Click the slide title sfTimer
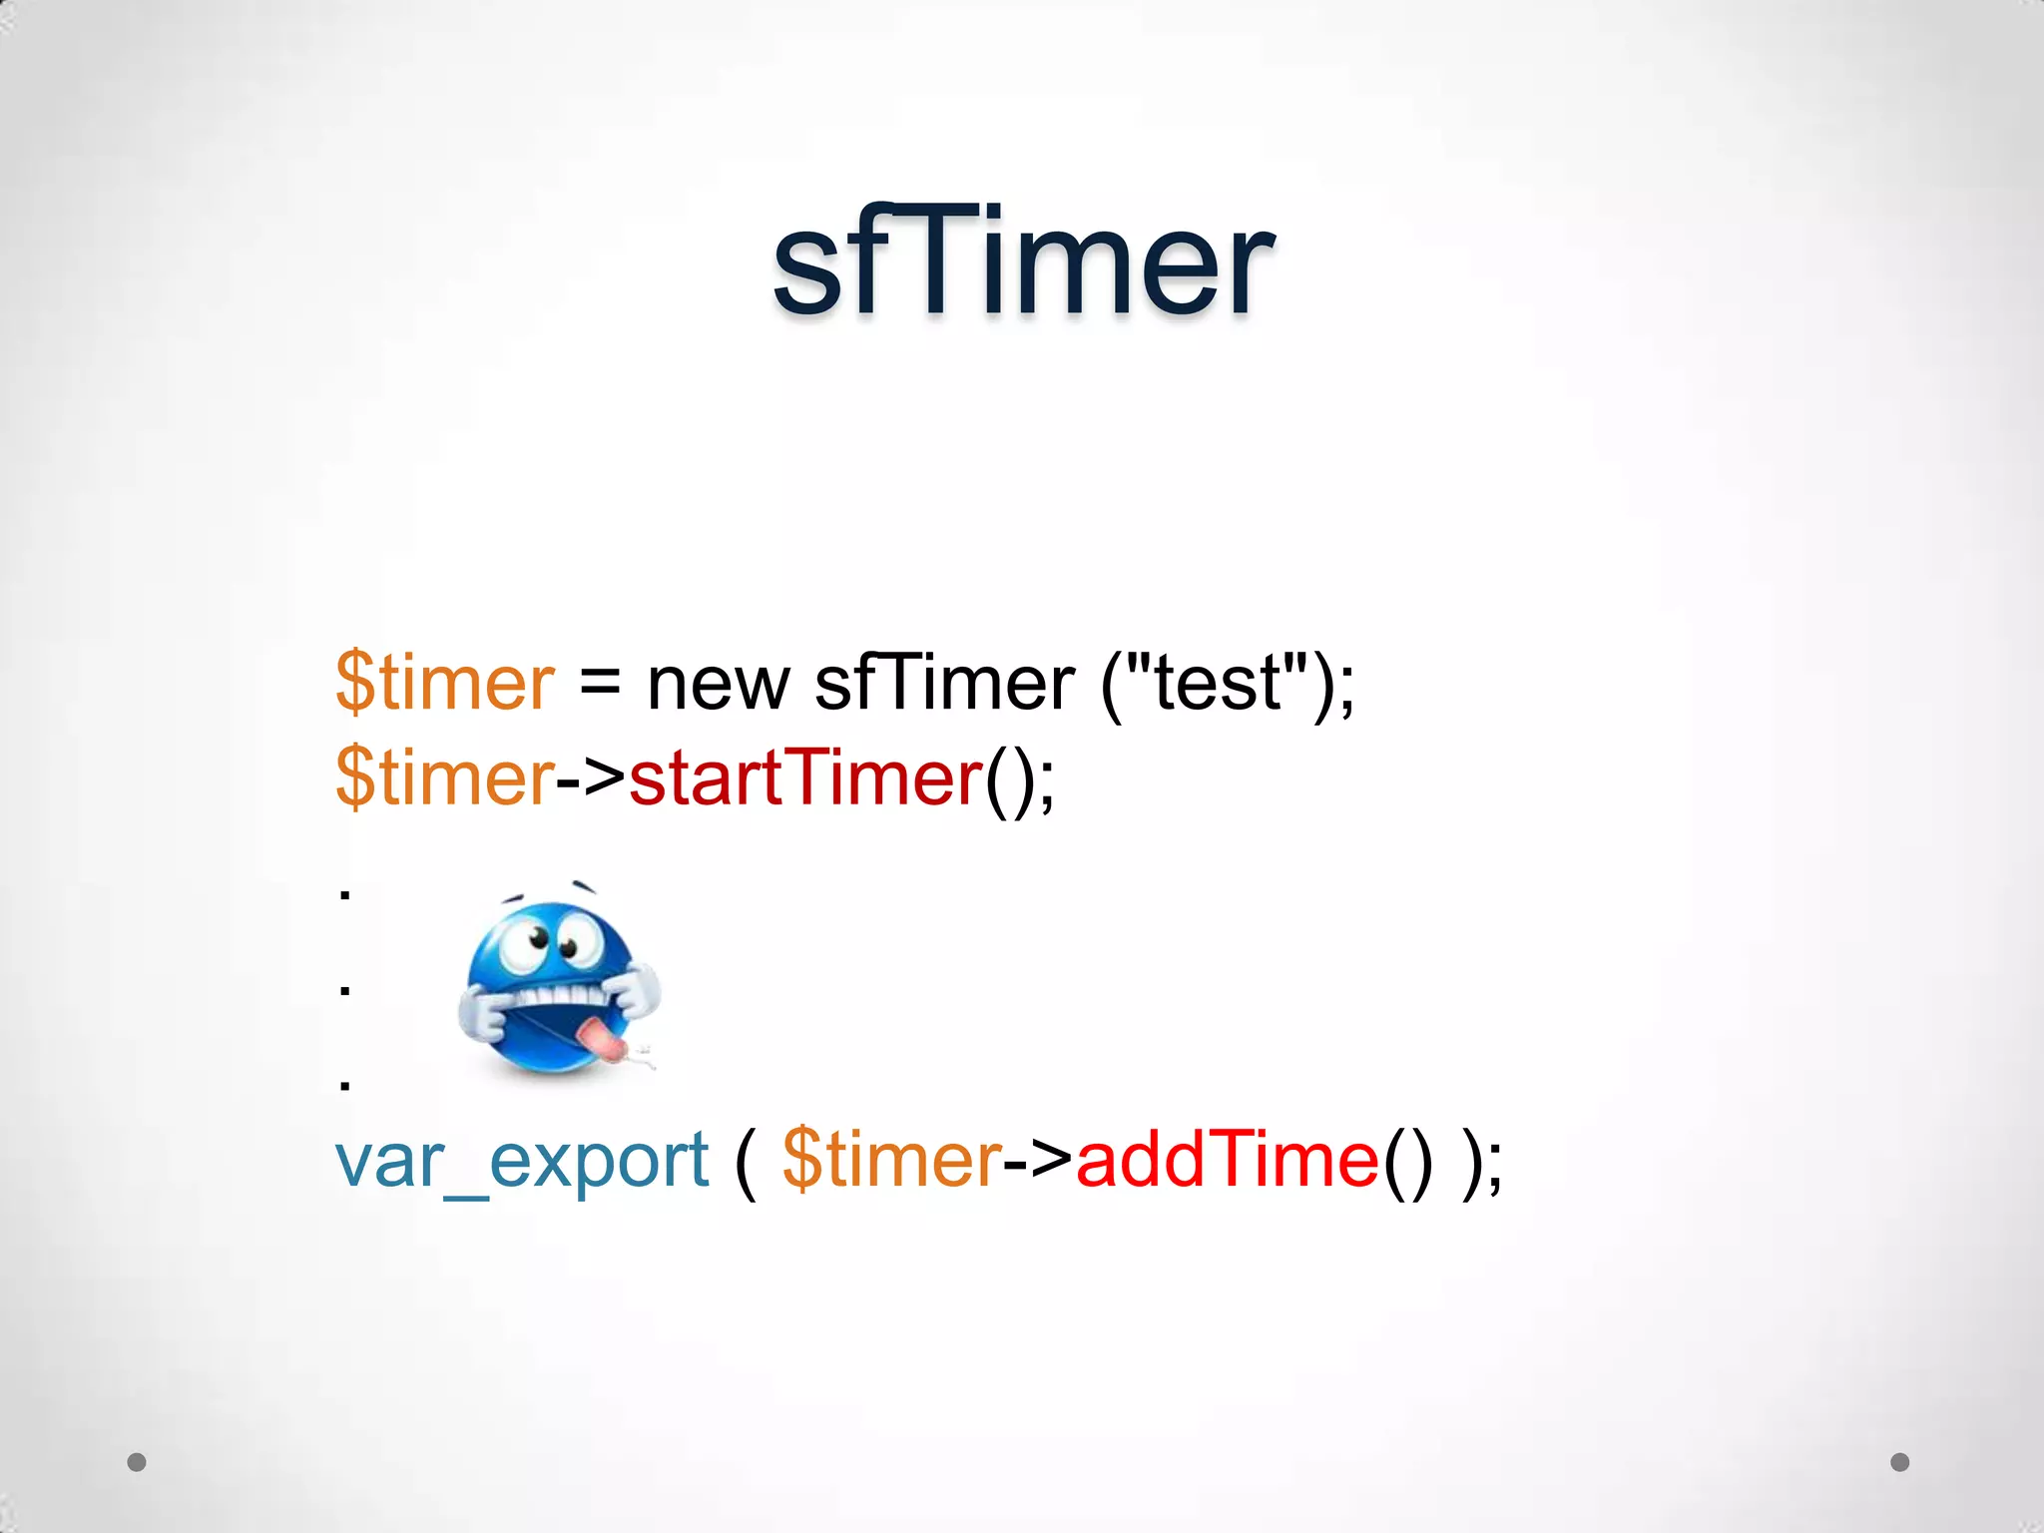point(1022,261)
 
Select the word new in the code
point(718,685)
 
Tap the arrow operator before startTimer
point(591,778)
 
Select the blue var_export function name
point(521,1161)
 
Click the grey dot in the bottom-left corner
point(137,1462)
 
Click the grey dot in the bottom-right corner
point(1900,1462)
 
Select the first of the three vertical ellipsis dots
point(344,895)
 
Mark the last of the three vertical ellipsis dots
point(344,1085)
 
